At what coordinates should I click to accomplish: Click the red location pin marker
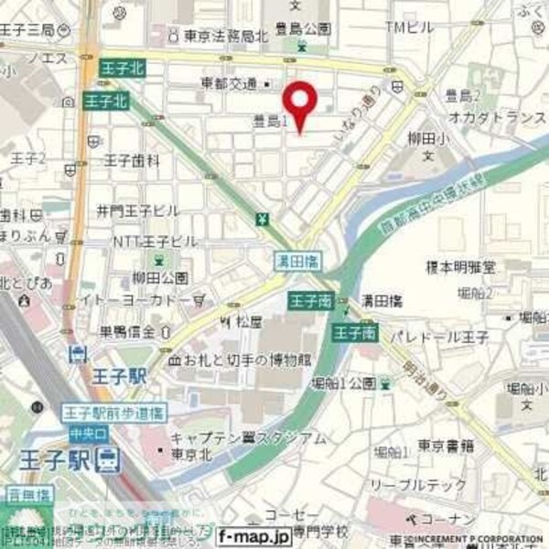299,103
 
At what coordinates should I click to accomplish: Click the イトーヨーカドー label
147,299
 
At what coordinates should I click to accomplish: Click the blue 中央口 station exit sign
81,431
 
